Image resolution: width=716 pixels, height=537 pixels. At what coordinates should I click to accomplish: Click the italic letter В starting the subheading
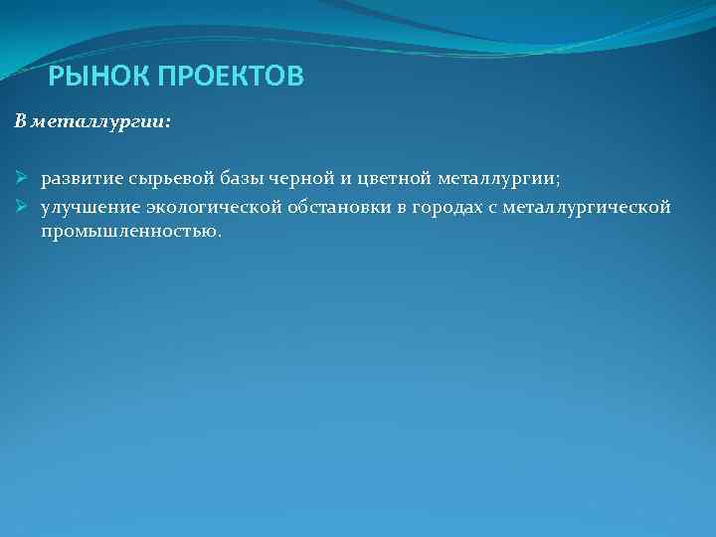click(20, 122)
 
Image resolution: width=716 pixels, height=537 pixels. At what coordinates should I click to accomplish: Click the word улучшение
click(89, 208)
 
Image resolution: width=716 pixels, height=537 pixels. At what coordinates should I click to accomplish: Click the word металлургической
click(588, 208)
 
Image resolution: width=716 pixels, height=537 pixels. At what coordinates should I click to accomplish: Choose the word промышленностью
click(130, 231)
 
